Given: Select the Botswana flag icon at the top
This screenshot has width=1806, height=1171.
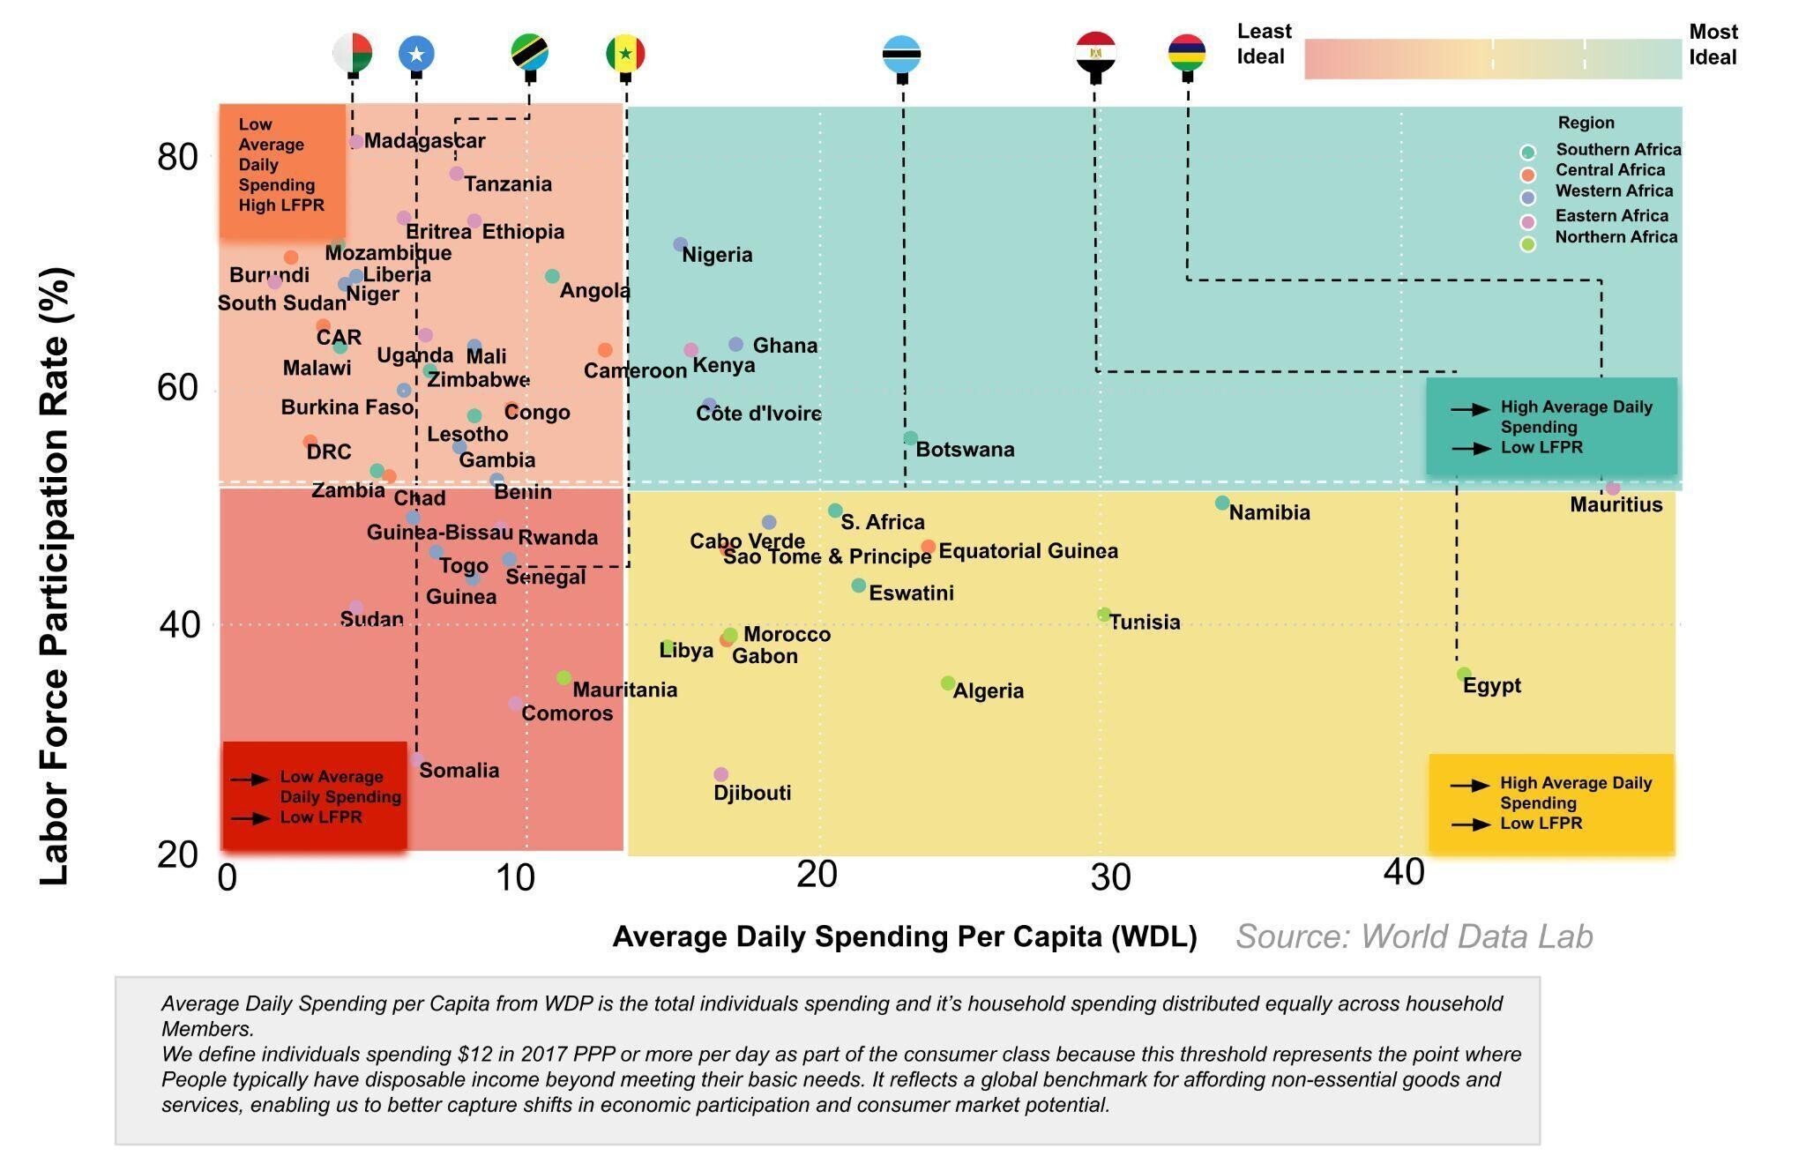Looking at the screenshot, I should click(x=901, y=54).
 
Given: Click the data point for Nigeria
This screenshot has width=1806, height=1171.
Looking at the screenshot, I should click(x=680, y=244).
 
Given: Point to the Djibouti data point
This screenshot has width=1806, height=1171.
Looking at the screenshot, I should click(x=720, y=774).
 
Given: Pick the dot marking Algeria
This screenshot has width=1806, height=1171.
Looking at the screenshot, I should click(x=948, y=683).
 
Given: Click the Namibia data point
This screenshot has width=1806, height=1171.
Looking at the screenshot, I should click(x=1222, y=503).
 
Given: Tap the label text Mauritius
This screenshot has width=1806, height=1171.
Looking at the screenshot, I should click(x=1616, y=505).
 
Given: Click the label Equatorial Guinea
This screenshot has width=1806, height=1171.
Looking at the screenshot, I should click(x=1027, y=551).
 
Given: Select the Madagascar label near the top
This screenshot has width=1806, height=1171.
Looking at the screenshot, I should click(x=424, y=140).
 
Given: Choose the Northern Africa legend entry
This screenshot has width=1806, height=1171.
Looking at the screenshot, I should click(x=1616, y=237).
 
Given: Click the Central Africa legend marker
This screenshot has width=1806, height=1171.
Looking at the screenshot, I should click(x=1528, y=174).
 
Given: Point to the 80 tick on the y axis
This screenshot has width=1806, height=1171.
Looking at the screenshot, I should click(x=177, y=157).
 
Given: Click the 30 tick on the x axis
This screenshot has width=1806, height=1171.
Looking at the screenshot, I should click(x=1110, y=876).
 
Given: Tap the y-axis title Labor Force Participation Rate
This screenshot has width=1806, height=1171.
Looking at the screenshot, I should click(x=55, y=578).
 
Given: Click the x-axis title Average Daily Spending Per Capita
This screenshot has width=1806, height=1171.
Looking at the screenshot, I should click(x=904, y=936).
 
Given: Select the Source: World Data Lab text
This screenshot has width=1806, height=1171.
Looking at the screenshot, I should click(x=1414, y=936).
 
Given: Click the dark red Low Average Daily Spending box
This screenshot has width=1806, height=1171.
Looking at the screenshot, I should click(x=315, y=796).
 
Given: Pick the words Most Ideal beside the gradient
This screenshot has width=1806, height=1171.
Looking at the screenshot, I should click(x=1712, y=44).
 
